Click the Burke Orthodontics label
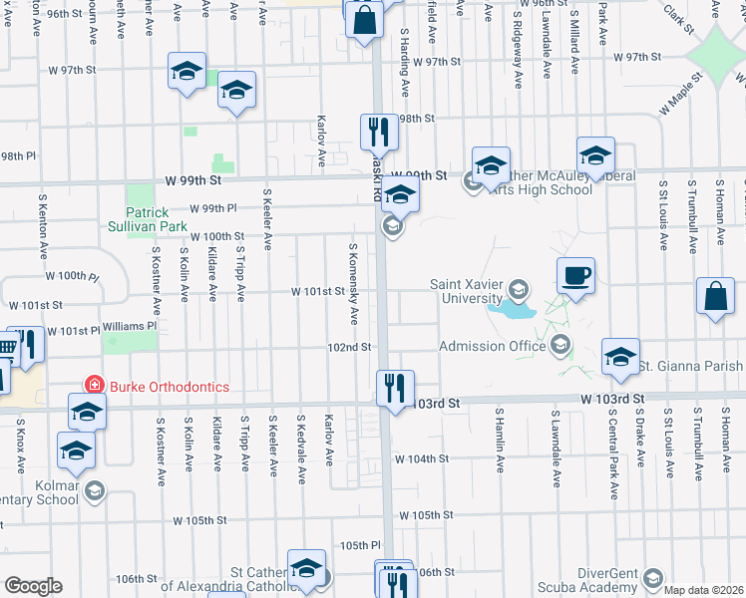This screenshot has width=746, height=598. pos(169,387)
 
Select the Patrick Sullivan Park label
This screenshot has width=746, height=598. pos(156,219)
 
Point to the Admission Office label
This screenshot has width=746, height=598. pos(494,346)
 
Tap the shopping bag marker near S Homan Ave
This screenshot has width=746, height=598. pos(716,296)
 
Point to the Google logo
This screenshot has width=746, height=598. pos(33,586)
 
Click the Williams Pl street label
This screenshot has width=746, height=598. pos(130,326)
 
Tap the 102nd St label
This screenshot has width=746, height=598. pos(349,348)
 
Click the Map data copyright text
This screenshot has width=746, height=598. pos(702,590)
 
